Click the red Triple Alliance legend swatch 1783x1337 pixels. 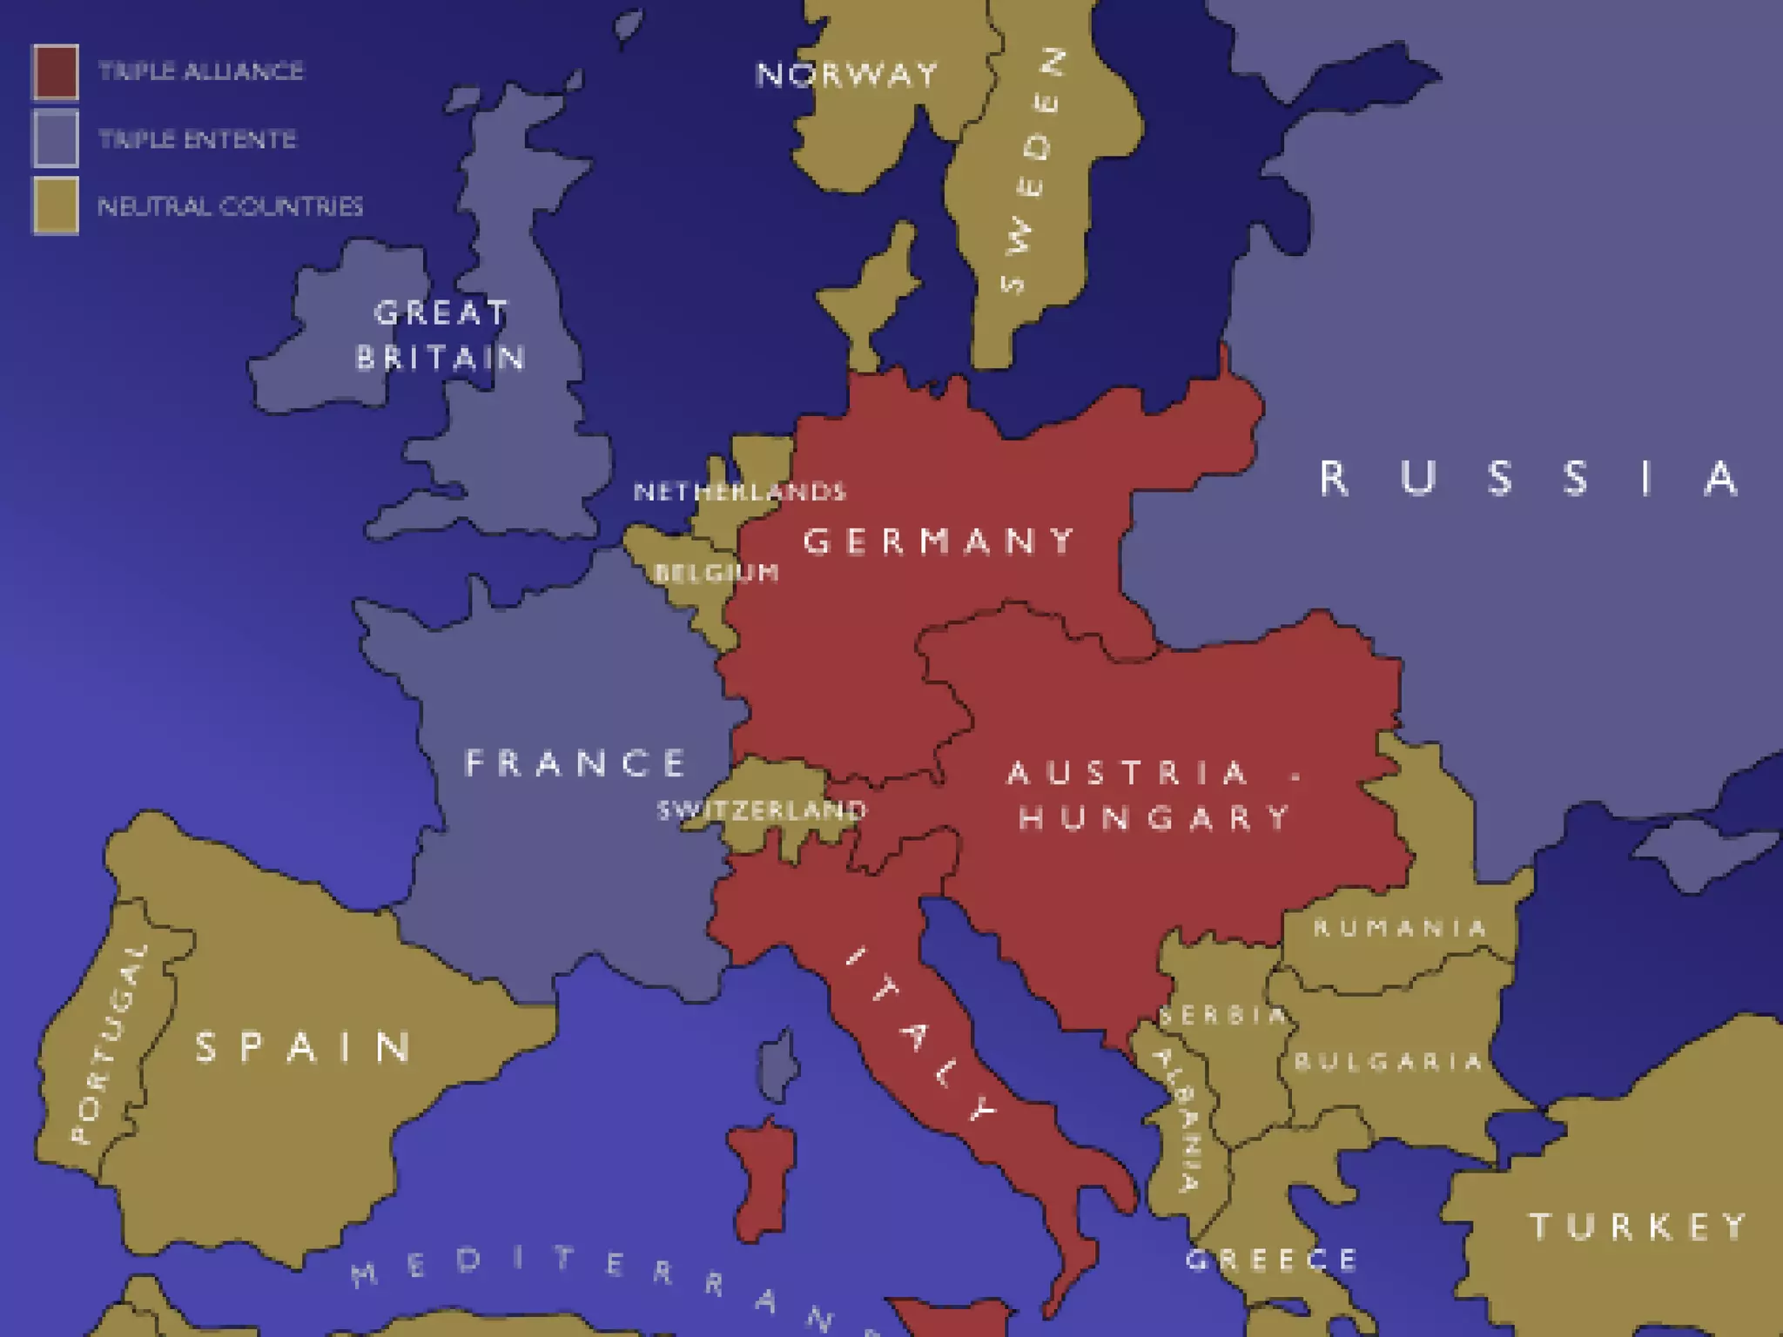click(x=56, y=71)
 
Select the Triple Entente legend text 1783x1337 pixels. click(x=197, y=139)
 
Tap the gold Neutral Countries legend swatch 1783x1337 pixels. click(x=56, y=206)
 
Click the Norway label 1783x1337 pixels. click(x=846, y=75)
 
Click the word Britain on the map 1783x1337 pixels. click(x=441, y=358)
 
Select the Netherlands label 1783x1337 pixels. click(x=739, y=492)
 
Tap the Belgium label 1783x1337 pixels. click(x=716, y=573)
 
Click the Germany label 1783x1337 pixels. click(x=939, y=541)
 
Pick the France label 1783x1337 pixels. click(x=575, y=763)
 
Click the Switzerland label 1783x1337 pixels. click(x=762, y=810)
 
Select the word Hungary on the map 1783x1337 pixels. click(x=1154, y=817)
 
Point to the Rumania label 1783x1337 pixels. click(x=1399, y=928)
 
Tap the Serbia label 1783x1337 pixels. click(x=1221, y=1015)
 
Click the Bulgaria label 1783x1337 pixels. click(x=1388, y=1061)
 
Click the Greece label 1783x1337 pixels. click(x=1271, y=1260)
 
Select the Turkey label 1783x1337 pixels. click(x=1638, y=1226)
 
